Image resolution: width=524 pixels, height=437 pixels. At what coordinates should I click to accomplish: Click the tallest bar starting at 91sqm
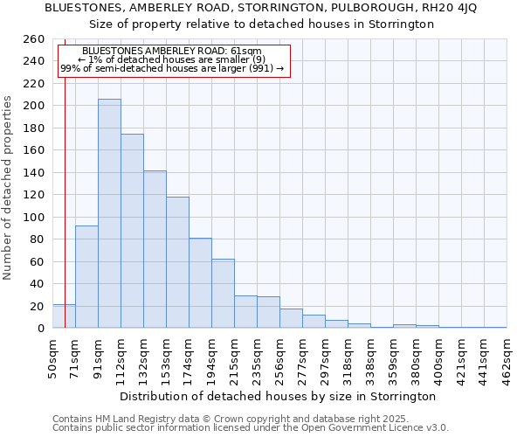tap(109, 214)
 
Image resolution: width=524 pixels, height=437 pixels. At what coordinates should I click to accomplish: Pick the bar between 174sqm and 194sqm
tap(200, 283)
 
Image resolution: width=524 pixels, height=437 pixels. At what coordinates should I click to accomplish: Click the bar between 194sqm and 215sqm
tap(223, 294)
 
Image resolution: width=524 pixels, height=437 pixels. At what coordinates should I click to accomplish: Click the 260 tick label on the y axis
tap(34, 39)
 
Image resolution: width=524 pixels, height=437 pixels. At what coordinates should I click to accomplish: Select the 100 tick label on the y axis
tap(34, 217)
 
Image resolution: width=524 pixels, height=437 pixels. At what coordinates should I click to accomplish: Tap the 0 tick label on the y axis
tap(41, 328)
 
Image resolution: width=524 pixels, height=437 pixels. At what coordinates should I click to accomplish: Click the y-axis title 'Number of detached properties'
tap(9, 184)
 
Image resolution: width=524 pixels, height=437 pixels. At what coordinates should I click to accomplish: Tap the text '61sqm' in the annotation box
tap(245, 52)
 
